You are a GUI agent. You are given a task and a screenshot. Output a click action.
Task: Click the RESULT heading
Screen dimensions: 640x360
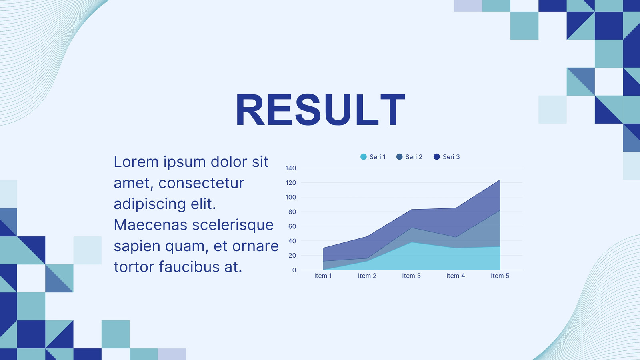click(320, 110)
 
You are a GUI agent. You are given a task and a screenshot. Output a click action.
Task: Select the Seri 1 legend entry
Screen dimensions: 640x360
click(373, 157)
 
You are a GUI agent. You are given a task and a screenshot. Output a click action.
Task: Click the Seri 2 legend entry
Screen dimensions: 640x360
click(409, 157)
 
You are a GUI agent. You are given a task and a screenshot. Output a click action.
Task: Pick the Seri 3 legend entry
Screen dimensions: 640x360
click(446, 157)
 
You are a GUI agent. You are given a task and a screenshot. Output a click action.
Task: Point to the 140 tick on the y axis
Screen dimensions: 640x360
click(290, 168)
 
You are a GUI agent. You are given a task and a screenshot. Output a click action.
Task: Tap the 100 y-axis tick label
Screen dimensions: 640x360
click(290, 198)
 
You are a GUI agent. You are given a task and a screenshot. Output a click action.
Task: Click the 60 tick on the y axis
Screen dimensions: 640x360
click(292, 226)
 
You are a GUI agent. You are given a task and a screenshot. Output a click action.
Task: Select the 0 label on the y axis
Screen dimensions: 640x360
click(294, 270)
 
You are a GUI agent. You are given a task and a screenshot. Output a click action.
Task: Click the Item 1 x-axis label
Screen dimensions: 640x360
click(323, 276)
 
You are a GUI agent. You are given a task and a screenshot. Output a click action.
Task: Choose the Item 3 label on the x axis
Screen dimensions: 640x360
click(411, 276)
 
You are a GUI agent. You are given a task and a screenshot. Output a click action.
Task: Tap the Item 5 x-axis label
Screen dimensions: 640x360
click(500, 276)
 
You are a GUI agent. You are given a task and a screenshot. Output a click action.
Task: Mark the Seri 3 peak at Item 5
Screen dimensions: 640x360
click(500, 180)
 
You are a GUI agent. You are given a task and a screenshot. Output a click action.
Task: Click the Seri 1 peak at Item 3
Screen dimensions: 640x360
click(412, 242)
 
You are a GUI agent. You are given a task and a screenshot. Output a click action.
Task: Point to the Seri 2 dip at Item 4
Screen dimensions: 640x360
click(456, 237)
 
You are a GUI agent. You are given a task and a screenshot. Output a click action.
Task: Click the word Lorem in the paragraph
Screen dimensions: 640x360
click(136, 162)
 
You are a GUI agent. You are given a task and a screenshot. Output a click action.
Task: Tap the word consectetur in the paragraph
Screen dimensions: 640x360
click(202, 183)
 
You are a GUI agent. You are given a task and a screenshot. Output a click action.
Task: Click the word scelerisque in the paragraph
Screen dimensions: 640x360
click(233, 225)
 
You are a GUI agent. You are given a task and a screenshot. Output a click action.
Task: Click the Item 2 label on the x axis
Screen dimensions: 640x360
click(367, 276)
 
